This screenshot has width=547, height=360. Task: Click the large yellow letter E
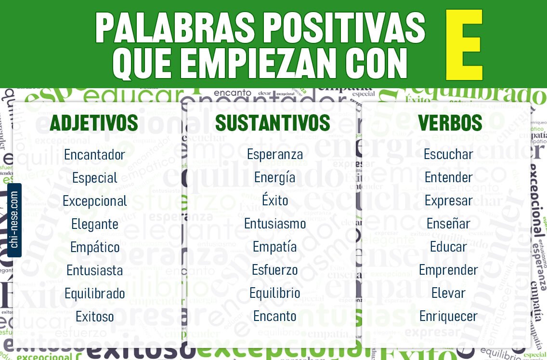tap(464, 45)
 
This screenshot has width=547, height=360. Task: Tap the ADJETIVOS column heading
tap(94, 123)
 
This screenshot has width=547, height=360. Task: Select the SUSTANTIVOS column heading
tap(273, 123)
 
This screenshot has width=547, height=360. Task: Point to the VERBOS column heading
tap(450, 123)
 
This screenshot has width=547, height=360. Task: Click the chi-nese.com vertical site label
tap(14, 220)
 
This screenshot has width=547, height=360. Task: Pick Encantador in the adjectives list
tap(94, 155)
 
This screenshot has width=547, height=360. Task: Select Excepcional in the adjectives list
tap(95, 201)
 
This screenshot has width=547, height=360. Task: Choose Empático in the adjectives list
tap(95, 247)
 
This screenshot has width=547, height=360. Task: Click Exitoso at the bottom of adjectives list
tap(95, 317)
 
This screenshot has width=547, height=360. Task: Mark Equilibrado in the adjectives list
tap(95, 293)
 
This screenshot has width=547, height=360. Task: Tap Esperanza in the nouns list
tap(275, 154)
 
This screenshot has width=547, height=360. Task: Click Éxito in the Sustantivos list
tap(275, 200)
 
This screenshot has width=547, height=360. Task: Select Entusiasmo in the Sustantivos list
tap(275, 224)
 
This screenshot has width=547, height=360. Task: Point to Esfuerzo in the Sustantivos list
tap(275, 270)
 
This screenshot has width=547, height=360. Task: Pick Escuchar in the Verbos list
tap(448, 154)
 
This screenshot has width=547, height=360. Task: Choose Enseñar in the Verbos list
tap(448, 224)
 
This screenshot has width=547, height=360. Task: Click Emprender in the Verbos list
tap(448, 270)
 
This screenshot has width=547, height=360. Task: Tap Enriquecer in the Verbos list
tap(448, 316)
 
